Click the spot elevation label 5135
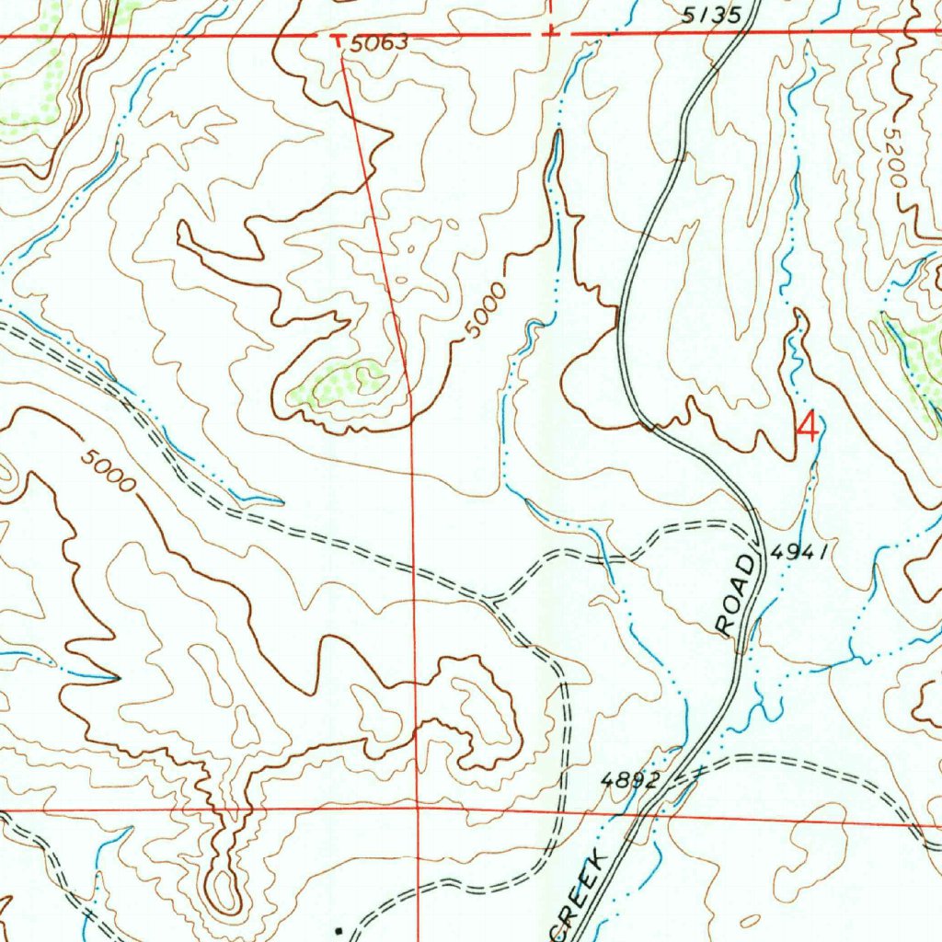point(711,16)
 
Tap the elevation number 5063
point(377,43)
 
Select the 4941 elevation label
point(801,552)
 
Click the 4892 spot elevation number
point(630,780)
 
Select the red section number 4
point(808,427)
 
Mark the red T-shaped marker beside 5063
point(338,40)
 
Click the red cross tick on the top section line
point(549,32)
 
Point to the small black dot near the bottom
point(339,931)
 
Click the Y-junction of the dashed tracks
point(492,602)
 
